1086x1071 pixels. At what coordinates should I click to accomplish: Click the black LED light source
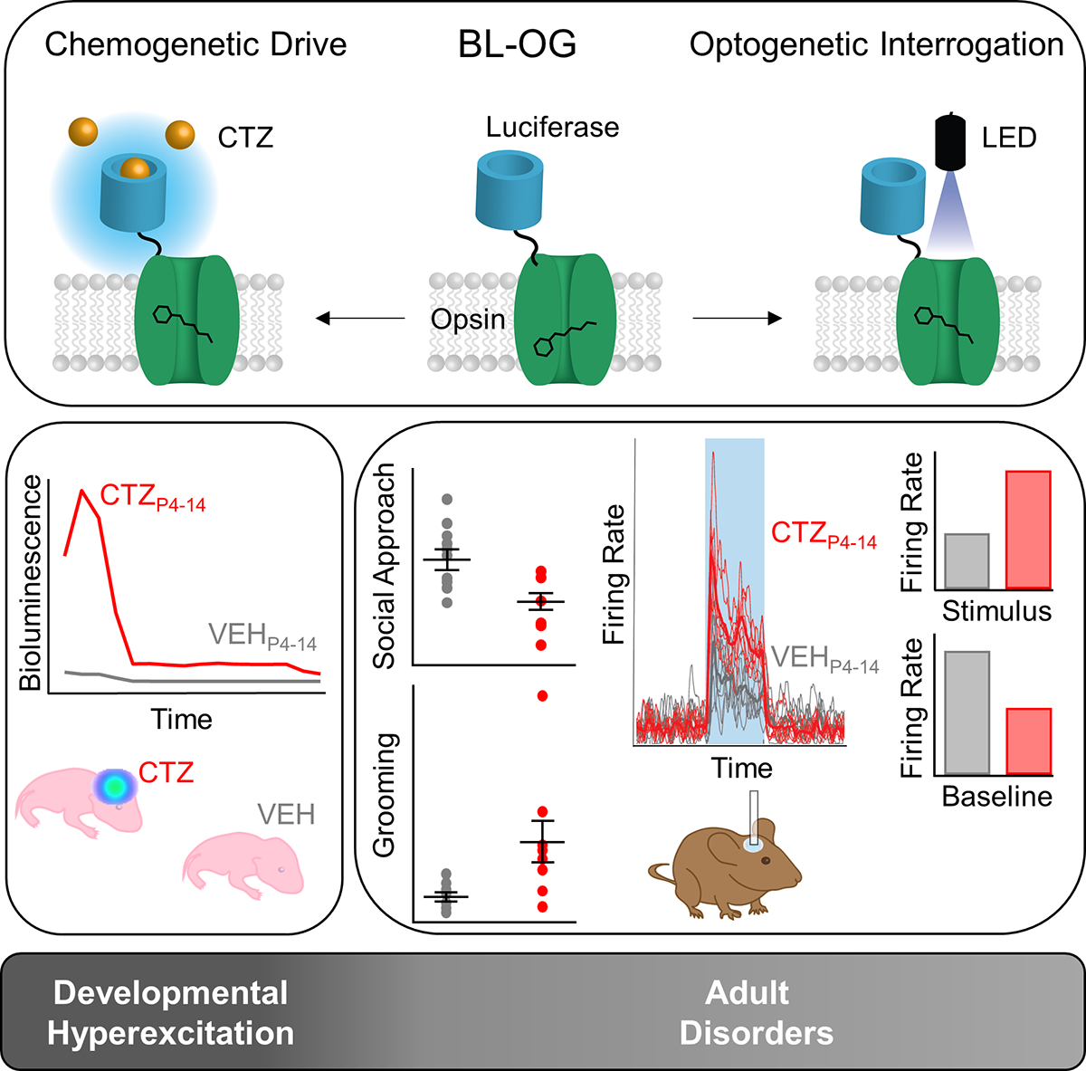(950, 141)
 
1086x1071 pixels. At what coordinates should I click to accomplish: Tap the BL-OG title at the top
(517, 44)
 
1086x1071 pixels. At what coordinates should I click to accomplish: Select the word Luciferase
(552, 128)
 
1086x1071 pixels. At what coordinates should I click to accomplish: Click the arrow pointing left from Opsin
(360, 319)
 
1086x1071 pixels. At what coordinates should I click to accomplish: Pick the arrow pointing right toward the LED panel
(738, 319)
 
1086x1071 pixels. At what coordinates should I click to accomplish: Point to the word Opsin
(468, 320)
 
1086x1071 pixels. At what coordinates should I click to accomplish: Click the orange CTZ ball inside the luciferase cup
(135, 168)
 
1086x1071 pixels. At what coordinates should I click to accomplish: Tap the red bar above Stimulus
(1028, 531)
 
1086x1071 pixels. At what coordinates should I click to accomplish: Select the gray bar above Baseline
(967, 712)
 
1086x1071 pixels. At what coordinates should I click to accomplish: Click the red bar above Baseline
(1028, 741)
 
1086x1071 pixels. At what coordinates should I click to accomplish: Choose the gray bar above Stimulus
(967, 561)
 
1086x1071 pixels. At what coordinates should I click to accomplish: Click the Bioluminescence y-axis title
(30, 583)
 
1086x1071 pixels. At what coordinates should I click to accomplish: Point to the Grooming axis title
(385, 796)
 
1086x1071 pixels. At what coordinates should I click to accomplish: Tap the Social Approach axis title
(385, 566)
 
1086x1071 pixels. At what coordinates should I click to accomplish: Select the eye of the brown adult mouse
(766, 861)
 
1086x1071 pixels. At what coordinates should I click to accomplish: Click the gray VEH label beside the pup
(286, 815)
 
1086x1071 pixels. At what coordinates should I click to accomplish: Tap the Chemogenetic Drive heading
(195, 44)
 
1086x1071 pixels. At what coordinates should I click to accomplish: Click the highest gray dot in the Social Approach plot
(447, 499)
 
